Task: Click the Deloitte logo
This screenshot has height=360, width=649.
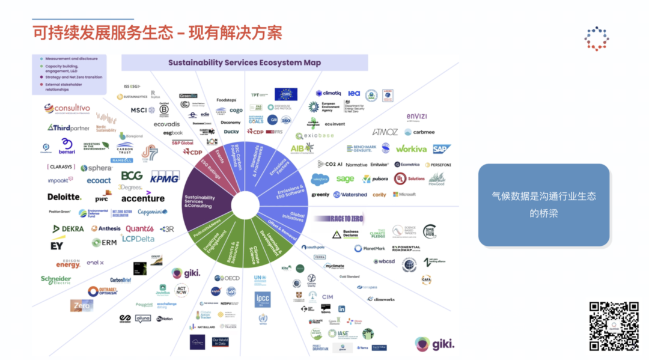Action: click(x=64, y=197)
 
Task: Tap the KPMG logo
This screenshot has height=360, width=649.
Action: click(x=165, y=177)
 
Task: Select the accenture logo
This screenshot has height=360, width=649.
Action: click(x=143, y=198)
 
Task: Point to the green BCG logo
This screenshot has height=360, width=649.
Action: click(x=132, y=175)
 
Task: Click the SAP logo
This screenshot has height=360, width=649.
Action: click(x=442, y=148)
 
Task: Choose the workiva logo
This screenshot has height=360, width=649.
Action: click(x=411, y=148)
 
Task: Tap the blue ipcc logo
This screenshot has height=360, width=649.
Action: click(x=263, y=299)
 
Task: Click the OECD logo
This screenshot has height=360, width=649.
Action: click(x=227, y=278)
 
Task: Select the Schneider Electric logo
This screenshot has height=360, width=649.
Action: click(x=56, y=280)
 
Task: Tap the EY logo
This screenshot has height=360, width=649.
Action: click(x=57, y=245)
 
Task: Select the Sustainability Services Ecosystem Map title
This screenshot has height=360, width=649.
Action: click(x=244, y=63)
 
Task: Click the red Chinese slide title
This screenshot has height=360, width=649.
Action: click(x=157, y=32)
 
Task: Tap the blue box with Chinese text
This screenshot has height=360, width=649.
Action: click(x=544, y=204)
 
